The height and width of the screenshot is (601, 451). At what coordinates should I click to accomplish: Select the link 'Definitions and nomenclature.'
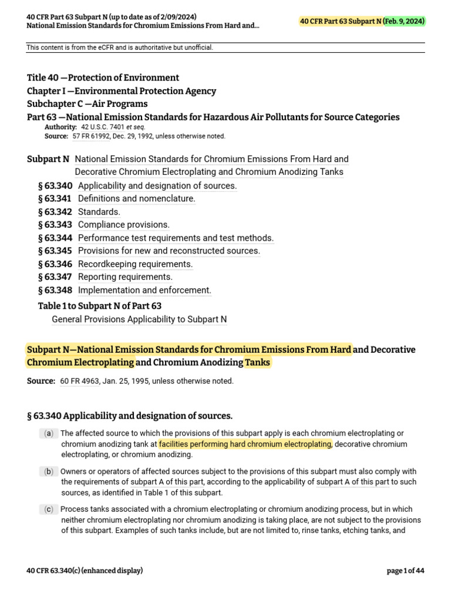point(136,199)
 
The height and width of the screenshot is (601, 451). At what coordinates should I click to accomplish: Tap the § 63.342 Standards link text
point(99,212)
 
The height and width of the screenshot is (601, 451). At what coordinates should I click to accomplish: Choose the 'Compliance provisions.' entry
point(123,225)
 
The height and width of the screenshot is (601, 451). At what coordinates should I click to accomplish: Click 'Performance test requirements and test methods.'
point(176,238)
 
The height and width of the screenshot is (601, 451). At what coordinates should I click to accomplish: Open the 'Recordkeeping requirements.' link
point(135,264)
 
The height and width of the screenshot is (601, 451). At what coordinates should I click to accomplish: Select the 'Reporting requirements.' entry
point(125,277)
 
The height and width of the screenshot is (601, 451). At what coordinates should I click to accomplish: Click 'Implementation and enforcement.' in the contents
point(144,291)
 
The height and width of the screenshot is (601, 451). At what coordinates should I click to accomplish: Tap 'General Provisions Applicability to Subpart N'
point(139,320)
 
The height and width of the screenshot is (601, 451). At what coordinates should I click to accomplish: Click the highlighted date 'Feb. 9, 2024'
point(405,22)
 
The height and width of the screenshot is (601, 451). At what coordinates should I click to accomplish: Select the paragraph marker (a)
point(48,434)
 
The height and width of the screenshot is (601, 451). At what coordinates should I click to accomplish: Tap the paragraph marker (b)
point(48,472)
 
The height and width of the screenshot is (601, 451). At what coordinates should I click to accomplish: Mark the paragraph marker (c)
point(48,509)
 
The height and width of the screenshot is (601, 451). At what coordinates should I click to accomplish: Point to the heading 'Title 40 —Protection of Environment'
point(103,77)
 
